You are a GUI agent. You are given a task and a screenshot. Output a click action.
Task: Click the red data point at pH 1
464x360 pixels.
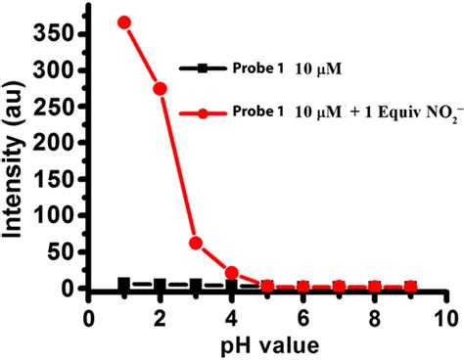point(123,22)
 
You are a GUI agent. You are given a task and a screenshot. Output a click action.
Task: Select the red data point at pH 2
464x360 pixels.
point(160,88)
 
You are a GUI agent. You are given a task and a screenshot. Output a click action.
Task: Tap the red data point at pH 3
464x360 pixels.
point(196,243)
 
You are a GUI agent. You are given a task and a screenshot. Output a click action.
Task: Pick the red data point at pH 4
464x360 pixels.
point(231,273)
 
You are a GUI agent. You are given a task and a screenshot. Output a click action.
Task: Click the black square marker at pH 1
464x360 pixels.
point(123,284)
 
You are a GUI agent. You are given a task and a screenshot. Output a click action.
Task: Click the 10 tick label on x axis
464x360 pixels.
point(445,319)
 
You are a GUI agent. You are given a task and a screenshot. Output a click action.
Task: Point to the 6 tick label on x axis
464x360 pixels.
point(302,319)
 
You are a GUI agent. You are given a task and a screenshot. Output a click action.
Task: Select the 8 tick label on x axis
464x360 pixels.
point(374,319)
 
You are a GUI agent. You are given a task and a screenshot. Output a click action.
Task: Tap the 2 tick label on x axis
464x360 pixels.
point(160,319)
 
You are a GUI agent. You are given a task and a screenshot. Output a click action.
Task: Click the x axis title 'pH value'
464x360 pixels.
point(268,344)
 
